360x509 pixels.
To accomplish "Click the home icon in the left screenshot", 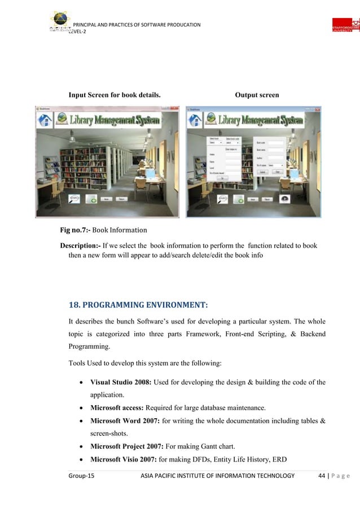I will pos(45,120).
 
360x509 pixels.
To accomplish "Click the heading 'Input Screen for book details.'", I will pos(115,95).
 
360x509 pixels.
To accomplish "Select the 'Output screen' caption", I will pos(257,95).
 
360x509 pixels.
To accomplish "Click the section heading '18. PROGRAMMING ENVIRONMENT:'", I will pos(138,305).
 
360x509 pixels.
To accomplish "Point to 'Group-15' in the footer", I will pos(82,476).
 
